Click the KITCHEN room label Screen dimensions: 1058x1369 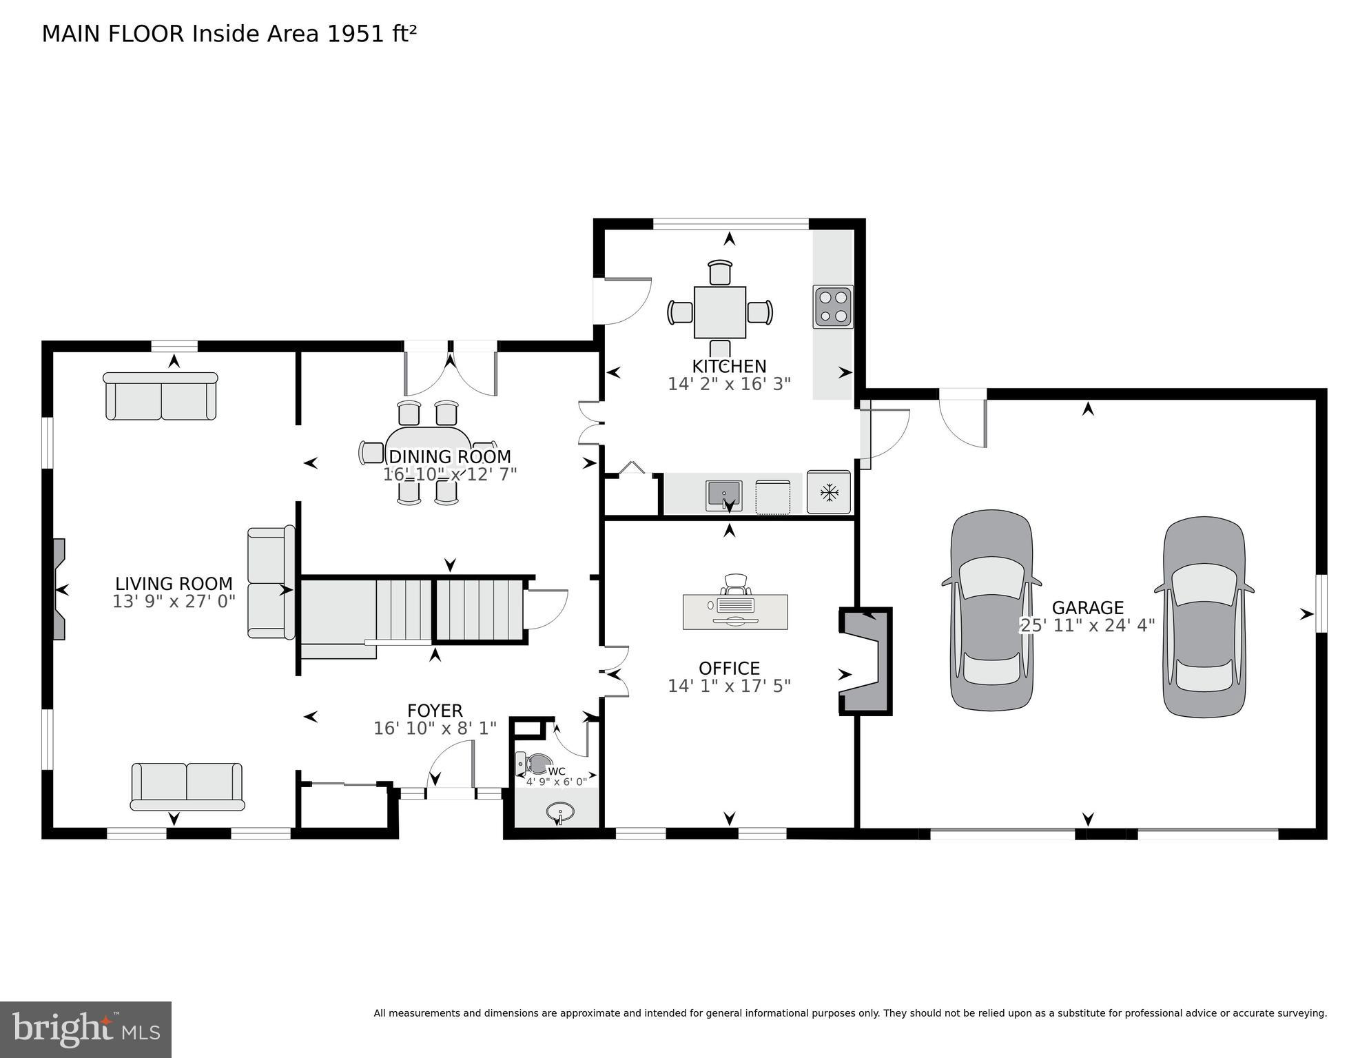[729, 366]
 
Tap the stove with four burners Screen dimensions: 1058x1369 [832, 307]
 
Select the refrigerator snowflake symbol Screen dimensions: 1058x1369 [829, 492]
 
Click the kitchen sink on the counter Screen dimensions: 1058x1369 [723, 495]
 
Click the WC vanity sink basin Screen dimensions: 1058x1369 [559, 812]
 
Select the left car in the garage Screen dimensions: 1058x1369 [991, 611]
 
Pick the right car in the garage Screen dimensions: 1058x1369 [1204, 617]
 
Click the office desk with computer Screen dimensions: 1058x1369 [734, 611]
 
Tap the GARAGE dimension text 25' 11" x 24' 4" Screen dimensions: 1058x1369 [1087, 625]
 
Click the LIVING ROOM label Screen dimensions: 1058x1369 [174, 584]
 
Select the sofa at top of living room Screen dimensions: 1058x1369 [161, 397]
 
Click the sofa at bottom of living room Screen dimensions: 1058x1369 [187, 786]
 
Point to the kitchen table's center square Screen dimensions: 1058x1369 [720, 312]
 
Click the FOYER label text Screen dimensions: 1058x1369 [435, 711]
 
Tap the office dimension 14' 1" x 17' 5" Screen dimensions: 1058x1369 [729, 686]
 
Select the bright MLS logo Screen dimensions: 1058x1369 [85, 1029]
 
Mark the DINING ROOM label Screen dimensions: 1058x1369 [449, 456]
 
